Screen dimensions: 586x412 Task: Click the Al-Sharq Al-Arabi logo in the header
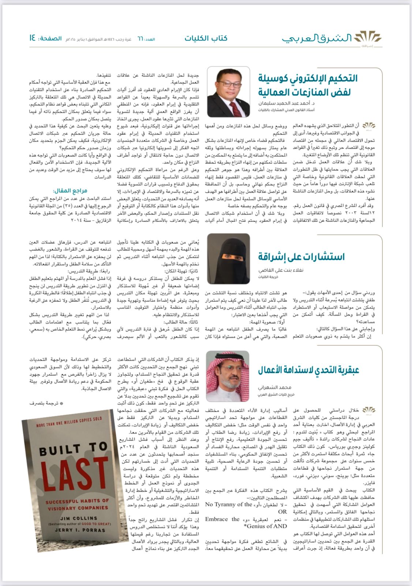click(332, 38)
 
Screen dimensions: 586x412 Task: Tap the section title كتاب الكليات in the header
click(206, 38)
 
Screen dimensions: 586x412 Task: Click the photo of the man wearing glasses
click(229, 92)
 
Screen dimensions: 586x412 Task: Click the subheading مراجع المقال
click(70, 191)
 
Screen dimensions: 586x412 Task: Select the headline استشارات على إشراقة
click(301, 257)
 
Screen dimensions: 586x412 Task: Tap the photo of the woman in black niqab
click(229, 259)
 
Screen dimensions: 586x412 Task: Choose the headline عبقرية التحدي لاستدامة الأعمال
click(308, 370)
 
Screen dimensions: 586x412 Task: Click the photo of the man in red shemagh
click(229, 376)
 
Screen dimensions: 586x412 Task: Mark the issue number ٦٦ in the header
click(140, 39)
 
